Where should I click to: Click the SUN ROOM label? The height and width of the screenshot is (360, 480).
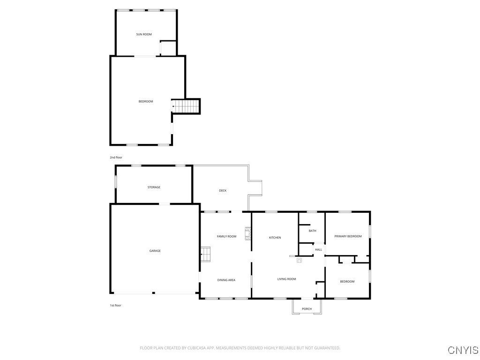pyautogui.click(x=144, y=34)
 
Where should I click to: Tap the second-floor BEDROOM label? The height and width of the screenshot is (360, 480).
pyautogui.click(x=146, y=101)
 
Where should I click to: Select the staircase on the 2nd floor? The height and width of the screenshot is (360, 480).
pyautogui.click(x=186, y=106)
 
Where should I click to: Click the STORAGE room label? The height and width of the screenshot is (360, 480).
pyautogui.click(x=154, y=187)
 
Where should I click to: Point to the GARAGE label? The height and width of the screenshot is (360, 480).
pyautogui.click(x=155, y=251)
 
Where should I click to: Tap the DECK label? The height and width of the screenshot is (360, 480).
pyautogui.click(x=223, y=190)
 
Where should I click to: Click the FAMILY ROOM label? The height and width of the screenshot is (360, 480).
pyautogui.click(x=226, y=236)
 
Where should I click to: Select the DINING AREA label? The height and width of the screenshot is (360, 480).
pyautogui.click(x=226, y=280)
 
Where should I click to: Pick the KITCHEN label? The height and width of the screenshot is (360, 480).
pyautogui.click(x=275, y=238)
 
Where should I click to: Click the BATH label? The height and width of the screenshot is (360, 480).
pyautogui.click(x=312, y=231)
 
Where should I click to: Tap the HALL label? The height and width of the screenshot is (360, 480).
pyautogui.click(x=319, y=249)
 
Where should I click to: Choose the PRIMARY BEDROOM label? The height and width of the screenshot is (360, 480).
pyautogui.click(x=348, y=236)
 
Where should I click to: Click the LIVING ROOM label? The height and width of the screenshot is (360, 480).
pyautogui.click(x=286, y=279)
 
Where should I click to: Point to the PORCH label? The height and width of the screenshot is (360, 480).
pyautogui.click(x=307, y=308)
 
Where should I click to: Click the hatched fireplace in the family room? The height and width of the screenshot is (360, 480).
pyautogui.click(x=247, y=233)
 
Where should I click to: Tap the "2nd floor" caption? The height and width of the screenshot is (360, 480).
pyautogui.click(x=116, y=157)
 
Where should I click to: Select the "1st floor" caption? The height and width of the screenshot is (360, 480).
pyautogui.click(x=115, y=305)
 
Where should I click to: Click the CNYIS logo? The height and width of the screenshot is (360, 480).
pyautogui.click(x=463, y=350)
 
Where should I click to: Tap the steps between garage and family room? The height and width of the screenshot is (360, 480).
pyautogui.click(x=205, y=255)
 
